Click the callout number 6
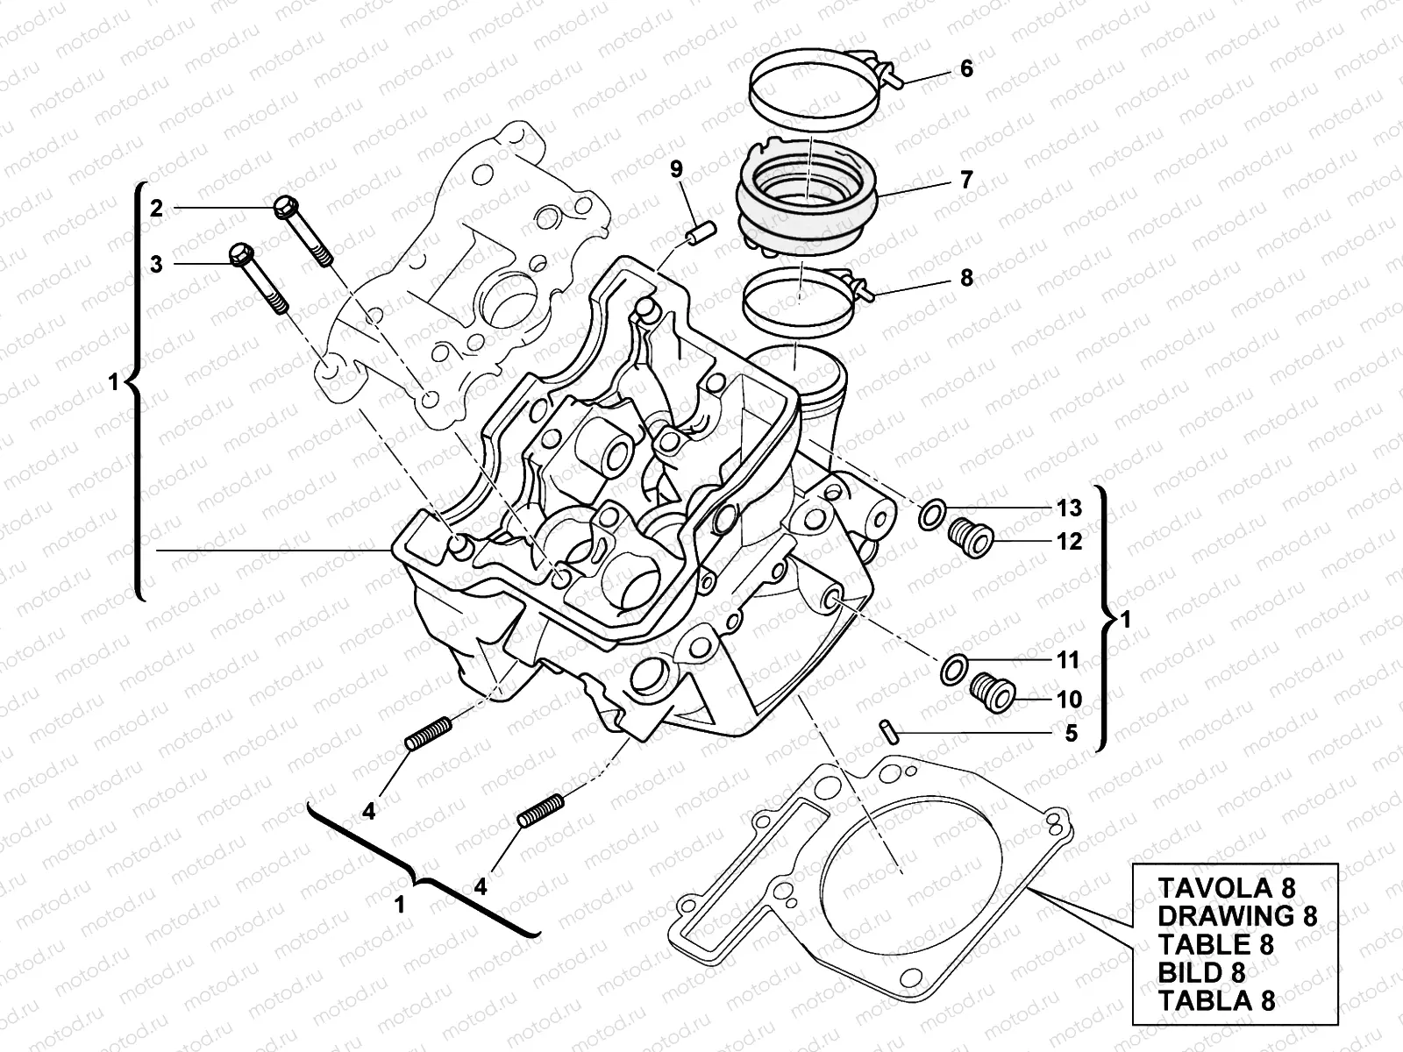[966, 68]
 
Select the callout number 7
[966, 180]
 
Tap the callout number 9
[676, 169]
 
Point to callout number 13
[1069, 508]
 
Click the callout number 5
[1071, 732]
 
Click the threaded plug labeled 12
[972, 536]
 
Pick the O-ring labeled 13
[931, 515]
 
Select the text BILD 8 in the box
[1202, 971]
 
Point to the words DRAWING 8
[1237, 915]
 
